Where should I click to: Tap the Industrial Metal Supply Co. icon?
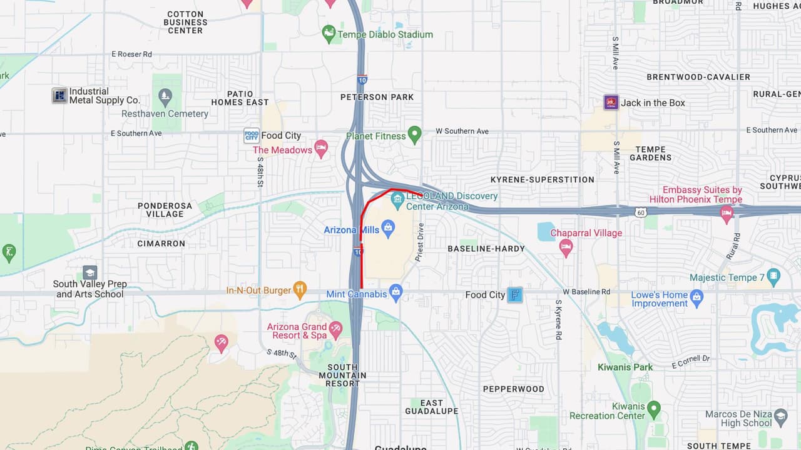point(59,96)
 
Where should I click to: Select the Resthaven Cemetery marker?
point(165,97)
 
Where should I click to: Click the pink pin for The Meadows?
point(321,149)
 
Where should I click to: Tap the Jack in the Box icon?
point(611,102)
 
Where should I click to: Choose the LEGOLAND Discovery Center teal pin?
point(397,200)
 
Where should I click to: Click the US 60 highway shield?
point(640,212)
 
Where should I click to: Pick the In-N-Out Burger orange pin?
point(300,289)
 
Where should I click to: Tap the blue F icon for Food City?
point(514,295)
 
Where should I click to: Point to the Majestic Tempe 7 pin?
point(774,276)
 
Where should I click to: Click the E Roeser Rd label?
point(131,54)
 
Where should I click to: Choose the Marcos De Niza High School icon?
point(780,416)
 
